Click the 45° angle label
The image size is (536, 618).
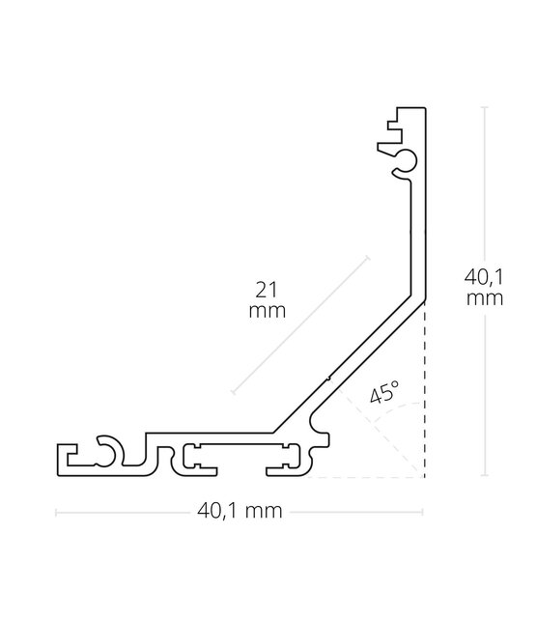tap(383, 393)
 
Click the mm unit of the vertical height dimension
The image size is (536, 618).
tap(482, 298)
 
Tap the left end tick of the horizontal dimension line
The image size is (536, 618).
tap(55, 512)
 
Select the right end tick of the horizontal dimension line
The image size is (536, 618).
tap(425, 512)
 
